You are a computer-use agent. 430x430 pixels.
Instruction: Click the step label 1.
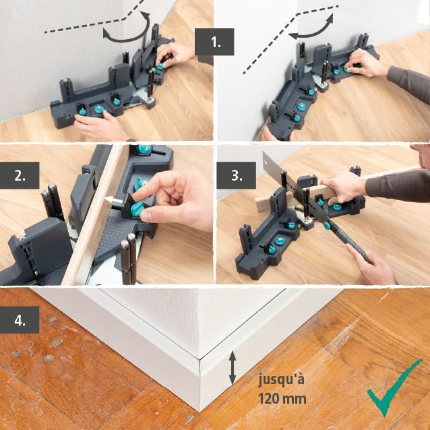[x=214, y=42]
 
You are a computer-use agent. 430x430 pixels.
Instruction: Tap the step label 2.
[x=19, y=176]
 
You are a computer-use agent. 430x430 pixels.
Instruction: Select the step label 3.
[x=237, y=176]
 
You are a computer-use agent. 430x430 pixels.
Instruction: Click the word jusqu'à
[x=282, y=379]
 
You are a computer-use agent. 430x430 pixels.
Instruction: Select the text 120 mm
[x=282, y=398]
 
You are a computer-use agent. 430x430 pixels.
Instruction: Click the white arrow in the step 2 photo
[x=113, y=199]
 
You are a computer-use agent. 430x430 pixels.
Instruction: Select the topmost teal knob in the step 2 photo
[x=144, y=150]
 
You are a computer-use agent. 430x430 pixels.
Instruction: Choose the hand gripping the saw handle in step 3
[x=373, y=266]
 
